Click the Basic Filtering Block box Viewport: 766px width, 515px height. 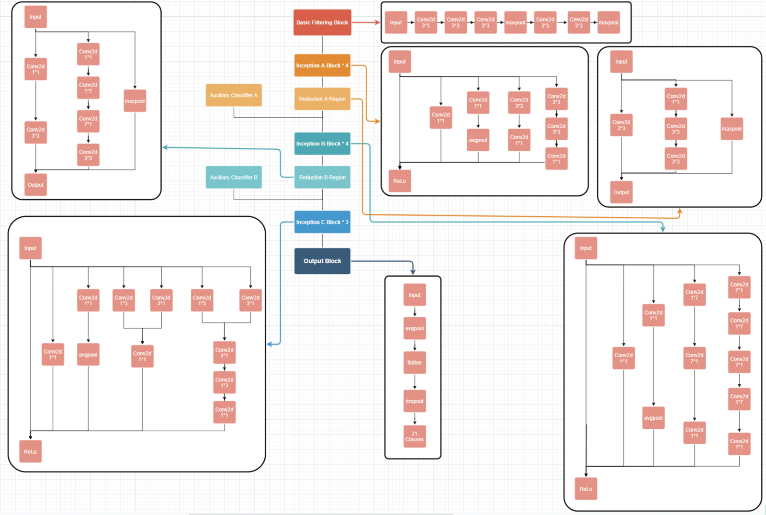(322, 22)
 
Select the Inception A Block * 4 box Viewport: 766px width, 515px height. (322, 66)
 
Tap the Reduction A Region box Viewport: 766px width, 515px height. (322, 99)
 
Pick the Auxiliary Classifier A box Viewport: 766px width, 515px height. (234, 95)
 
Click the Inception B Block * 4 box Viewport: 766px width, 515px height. (322, 144)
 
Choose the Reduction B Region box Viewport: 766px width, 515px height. (322, 177)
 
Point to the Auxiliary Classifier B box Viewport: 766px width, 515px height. (234, 177)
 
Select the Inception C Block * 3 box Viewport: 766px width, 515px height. (322, 222)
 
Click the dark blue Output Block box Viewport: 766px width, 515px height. (322, 261)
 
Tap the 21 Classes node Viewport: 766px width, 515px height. (415, 437)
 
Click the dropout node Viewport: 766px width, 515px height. (415, 401)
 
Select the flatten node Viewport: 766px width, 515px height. (415, 363)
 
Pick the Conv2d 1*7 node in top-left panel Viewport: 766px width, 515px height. (88, 88)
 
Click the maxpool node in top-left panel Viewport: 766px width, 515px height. (135, 101)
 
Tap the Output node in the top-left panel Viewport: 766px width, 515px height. (35, 185)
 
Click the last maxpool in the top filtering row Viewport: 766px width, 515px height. (608, 22)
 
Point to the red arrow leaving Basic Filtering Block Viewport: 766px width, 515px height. (366, 22)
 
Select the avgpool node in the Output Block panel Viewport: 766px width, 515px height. (415, 328)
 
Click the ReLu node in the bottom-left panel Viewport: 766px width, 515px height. (30, 451)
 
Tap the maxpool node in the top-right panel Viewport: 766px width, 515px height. (732, 129)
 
